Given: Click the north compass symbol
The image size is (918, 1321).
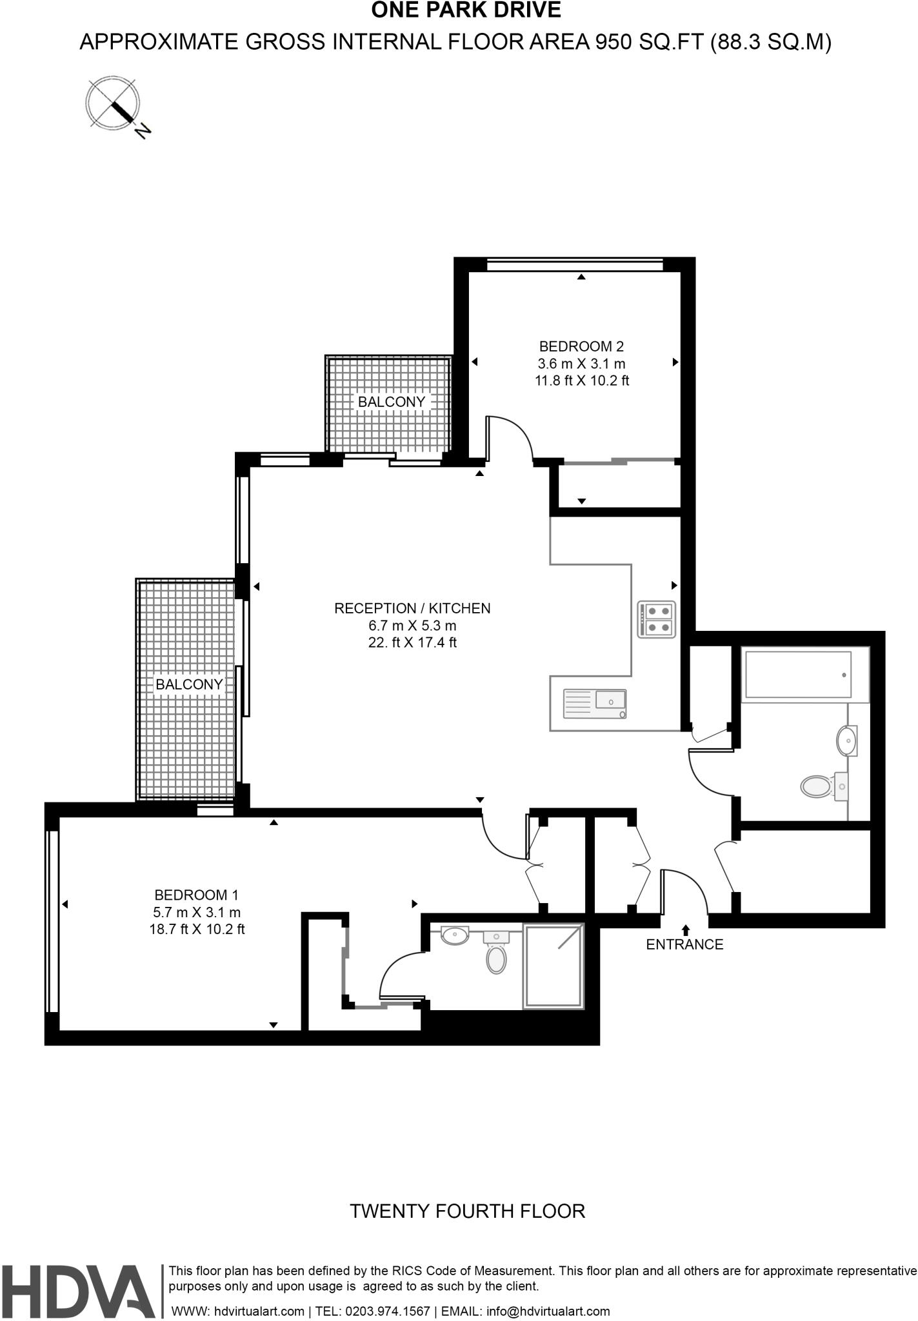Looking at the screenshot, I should click(114, 103).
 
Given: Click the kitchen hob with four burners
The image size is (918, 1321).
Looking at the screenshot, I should click(657, 619).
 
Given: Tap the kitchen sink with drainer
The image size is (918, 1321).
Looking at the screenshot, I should click(595, 703).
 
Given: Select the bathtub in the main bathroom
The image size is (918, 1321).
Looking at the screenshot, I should click(798, 675).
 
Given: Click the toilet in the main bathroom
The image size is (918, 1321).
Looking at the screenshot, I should click(819, 786).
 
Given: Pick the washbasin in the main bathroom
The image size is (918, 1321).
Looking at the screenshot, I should click(847, 740).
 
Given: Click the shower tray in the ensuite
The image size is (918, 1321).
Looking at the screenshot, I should click(554, 966).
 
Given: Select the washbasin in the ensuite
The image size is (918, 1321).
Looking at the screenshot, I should click(455, 935).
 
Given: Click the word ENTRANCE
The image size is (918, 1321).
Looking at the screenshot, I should click(684, 944).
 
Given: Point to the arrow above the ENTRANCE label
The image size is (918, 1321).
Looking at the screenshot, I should click(685, 929).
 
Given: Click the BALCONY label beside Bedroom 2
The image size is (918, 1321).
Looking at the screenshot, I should click(392, 402).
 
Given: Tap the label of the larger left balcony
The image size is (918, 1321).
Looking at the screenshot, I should click(189, 684).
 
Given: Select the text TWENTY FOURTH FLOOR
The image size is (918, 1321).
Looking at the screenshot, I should click(467, 1211).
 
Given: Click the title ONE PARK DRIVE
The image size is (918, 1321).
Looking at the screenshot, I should click(466, 10).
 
